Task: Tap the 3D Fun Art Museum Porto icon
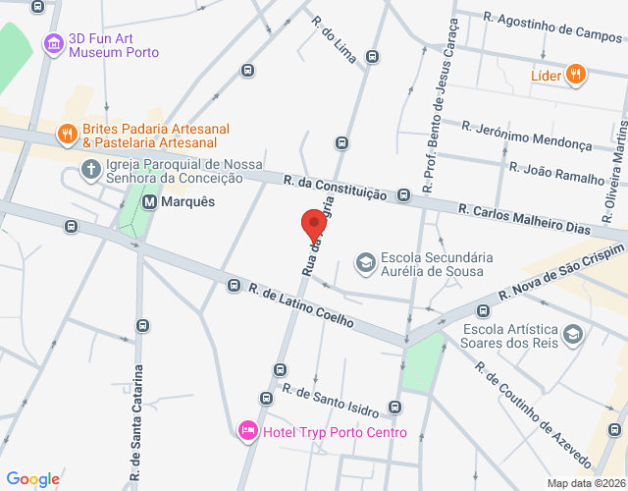click(x=54, y=43)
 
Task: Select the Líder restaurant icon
click(x=576, y=74)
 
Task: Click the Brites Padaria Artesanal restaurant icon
click(x=67, y=134)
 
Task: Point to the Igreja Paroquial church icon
click(x=90, y=170)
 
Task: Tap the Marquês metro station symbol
click(x=150, y=202)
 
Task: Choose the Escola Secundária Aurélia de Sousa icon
click(x=365, y=262)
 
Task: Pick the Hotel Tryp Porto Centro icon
click(x=248, y=429)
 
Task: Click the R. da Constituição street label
click(x=335, y=188)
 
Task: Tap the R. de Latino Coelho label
click(x=300, y=306)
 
